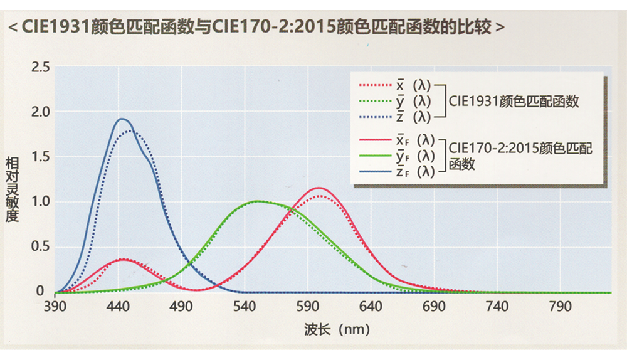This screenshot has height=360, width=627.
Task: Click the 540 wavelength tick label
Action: [244, 307]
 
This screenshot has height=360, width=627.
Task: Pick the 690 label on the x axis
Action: [433, 307]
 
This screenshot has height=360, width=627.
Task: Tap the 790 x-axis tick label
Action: [559, 307]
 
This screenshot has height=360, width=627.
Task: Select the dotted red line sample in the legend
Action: [374, 85]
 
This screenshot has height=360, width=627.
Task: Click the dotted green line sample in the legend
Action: [374, 101]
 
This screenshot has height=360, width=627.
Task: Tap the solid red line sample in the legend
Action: [374, 140]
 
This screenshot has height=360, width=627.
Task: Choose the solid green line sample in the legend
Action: [374, 156]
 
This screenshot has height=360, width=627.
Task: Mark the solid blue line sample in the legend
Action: [374, 171]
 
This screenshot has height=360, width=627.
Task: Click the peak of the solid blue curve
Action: [121, 119]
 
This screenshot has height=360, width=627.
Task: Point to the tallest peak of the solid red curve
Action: [319, 188]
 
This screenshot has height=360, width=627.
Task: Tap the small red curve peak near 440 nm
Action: [124, 259]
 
